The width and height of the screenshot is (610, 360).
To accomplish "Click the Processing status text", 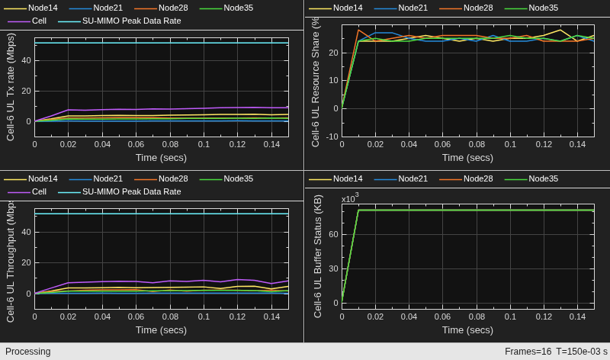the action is pyautogui.click(x=27, y=352).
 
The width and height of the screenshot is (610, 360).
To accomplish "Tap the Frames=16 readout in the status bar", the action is pyautogui.click(x=528, y=352).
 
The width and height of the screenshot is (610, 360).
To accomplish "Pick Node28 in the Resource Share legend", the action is pyautogui.click(x=478, y=8).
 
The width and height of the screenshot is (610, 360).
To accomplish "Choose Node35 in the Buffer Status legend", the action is pyautogui.click(x=543, y=178).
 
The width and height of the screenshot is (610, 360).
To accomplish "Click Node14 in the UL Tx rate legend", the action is pyautogui.click(x=43, y=8).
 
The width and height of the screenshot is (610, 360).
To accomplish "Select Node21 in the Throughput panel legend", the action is pyautogui.click(x=108, y=178).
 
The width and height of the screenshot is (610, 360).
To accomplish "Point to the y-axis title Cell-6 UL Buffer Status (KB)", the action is pyautogui.click(x=318, y=256).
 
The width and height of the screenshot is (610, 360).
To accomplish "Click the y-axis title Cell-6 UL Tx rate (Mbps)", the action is pyautogui.click(x=11, y=87).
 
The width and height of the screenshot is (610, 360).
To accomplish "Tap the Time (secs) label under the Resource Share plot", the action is pyautogui.click(x=467, y=158).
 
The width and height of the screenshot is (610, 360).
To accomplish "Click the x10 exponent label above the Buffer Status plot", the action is pyautogui.click(x=350, y=198).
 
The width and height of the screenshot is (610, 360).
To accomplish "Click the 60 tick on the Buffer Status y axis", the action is pyautogui.click(x=333, y=234).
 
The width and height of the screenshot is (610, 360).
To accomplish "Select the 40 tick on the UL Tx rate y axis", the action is pyautogui.click(x=26, y=60).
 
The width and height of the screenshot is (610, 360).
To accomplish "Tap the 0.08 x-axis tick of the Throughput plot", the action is pyautogui.click(x=170, y=317).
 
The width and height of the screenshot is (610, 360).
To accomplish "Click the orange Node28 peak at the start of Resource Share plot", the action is pyautogui.click(x=358, y=30).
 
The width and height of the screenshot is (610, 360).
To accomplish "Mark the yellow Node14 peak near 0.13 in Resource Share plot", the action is pyautogui.click(x=560, y=30).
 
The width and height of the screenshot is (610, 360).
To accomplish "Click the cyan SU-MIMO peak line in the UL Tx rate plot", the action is pyautogui.click(x=162, y=43).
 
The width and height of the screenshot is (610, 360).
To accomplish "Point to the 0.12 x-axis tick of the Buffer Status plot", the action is pyautogui.click(x=544, y=317).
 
